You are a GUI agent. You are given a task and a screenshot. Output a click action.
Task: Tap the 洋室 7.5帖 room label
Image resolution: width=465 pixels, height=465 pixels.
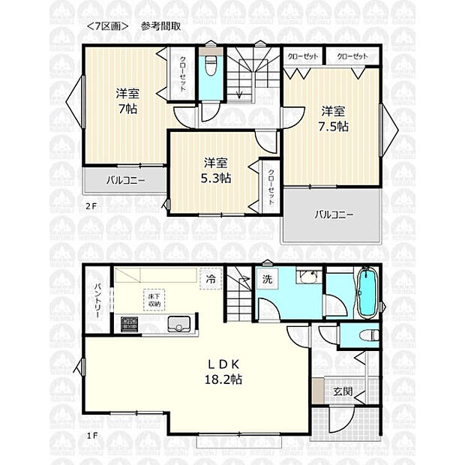(333, 119)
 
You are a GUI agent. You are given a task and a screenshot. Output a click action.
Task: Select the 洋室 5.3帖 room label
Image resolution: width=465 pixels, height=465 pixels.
(216, 170)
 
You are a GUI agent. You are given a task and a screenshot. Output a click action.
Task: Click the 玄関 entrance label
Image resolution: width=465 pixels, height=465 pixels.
(343, 391)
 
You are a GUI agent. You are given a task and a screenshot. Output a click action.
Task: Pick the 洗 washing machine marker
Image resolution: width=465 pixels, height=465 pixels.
(266, 280)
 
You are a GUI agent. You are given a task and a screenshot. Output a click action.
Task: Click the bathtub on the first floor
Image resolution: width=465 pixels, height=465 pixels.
(367, 294)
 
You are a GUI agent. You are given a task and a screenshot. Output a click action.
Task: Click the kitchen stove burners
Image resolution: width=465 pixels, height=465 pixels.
(129, 324)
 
